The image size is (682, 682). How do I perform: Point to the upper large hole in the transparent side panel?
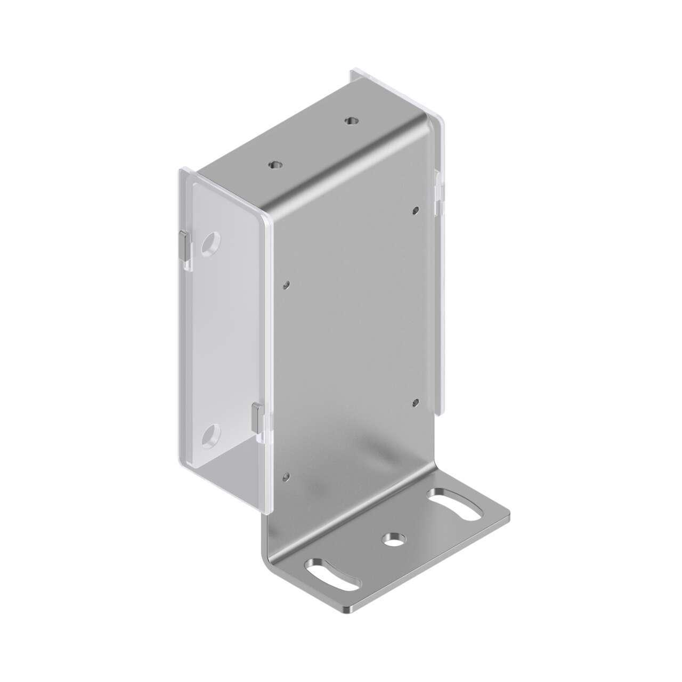tap(210, 243)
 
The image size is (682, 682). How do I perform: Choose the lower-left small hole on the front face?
tap(288, 475)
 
